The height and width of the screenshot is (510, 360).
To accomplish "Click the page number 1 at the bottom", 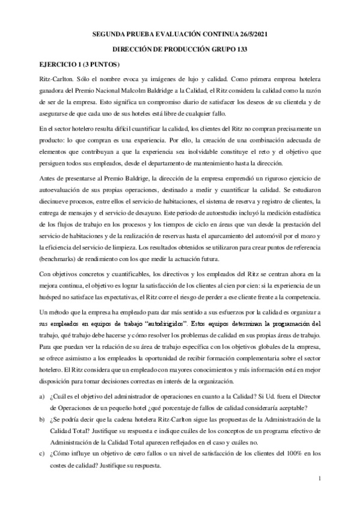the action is tap(322, 478).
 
